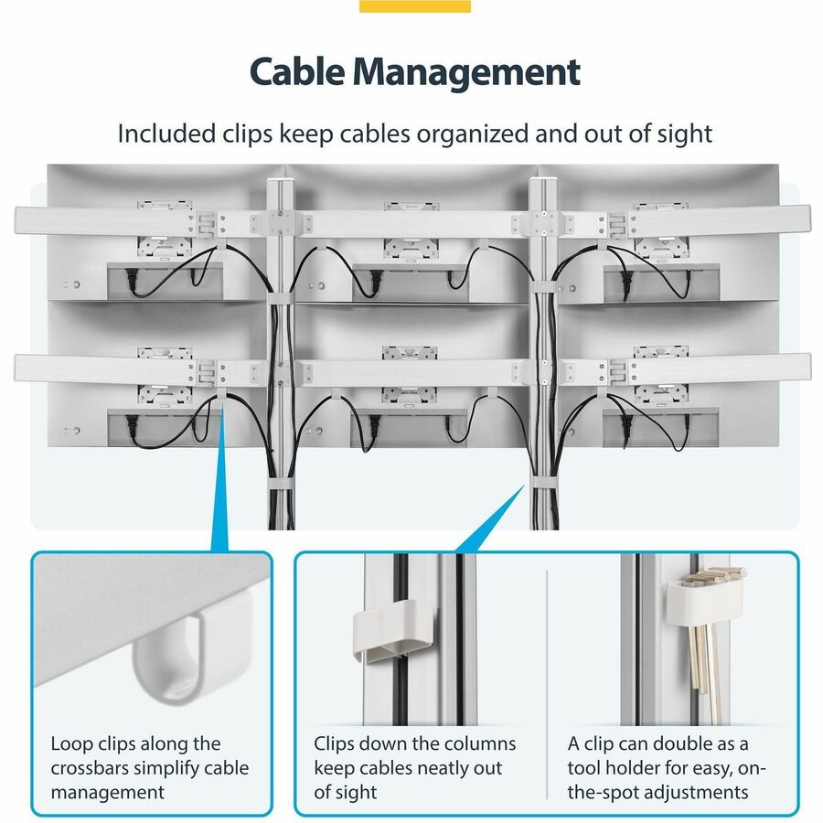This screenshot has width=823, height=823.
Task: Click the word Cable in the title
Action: [x=296, y=71]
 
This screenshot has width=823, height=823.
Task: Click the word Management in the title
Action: [x=466, y=72]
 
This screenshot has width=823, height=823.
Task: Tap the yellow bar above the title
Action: [x=414, y=6]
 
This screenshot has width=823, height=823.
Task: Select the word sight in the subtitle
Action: [x=684, y=134]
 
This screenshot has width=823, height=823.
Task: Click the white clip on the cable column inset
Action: [x=392, y=630]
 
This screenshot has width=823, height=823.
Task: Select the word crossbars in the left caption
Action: [x=98, y=768]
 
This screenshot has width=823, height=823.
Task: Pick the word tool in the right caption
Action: [x=585, y=768]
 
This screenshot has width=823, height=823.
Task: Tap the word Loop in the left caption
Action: [x=72, y=744]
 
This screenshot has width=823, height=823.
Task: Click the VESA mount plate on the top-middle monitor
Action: [x=411, y=247]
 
